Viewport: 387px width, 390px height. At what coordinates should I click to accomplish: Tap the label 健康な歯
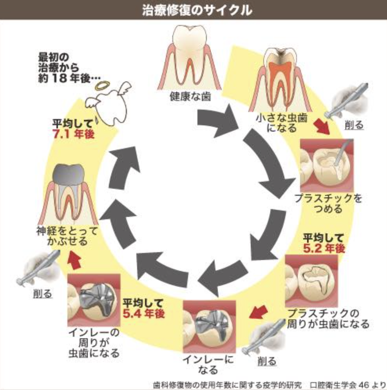pyautogui.click(x=190, y=96)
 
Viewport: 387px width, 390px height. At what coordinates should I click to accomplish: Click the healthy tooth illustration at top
pyautogui.click(x=190, y=57)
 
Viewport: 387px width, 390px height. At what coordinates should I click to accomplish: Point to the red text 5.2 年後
pyautogui.click(x=324, y=249)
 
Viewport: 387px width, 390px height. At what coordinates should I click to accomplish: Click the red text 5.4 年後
pyautogui.click(x=144, y=314)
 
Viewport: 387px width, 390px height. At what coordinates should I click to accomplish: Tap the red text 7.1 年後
pyautogui.click(x=73, y=134)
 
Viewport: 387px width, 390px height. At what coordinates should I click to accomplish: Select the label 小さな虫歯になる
pyautogui.click(x=282, y=123)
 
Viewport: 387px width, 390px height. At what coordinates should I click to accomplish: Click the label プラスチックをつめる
pyautogui.click(x=328, y=204)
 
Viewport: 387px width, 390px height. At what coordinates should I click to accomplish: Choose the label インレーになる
pyautogui.click(x=208, y=365)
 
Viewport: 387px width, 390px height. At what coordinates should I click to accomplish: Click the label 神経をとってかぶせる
pyautogui.click(x=67, y=236)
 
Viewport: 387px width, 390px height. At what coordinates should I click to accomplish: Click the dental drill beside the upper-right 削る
pyautogui.click(x=347, y=100)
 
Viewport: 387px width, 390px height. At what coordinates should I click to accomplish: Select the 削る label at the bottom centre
pyautogui.click(x=266, y=361)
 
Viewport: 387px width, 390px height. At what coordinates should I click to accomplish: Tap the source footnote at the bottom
pyautogui.click(x=269, y=385)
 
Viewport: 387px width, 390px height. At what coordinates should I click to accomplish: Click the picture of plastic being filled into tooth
pyautogui.click(x=327, y=165)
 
